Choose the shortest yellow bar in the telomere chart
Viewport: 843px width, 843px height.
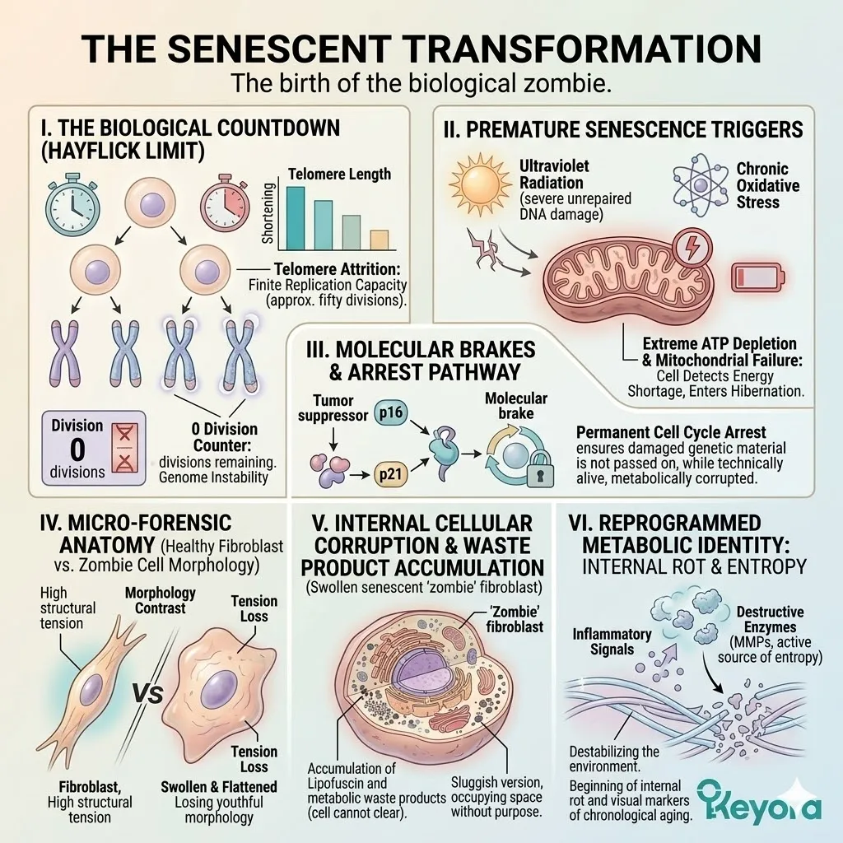coord(379,239)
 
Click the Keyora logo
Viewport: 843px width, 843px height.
coord(759,799)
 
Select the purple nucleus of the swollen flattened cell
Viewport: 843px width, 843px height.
coord(220,685)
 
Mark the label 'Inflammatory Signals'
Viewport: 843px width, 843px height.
coord(612,641)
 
